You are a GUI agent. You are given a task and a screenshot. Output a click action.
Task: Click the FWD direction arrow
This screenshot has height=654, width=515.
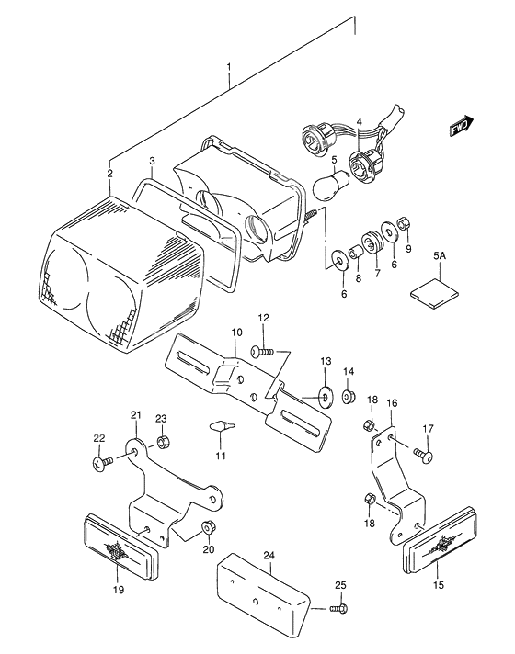coord(461,128)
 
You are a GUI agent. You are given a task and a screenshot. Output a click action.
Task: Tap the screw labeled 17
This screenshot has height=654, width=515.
coord(423,452)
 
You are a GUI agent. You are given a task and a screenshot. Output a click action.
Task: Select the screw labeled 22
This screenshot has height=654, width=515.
coord(104,464)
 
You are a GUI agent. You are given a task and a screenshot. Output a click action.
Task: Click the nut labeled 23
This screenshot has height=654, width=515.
coord(162,443)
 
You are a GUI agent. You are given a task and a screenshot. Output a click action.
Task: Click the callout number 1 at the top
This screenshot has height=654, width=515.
coord(230,67)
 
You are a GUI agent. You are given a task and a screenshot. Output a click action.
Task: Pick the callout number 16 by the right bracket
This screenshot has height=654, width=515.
coord(392,403)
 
